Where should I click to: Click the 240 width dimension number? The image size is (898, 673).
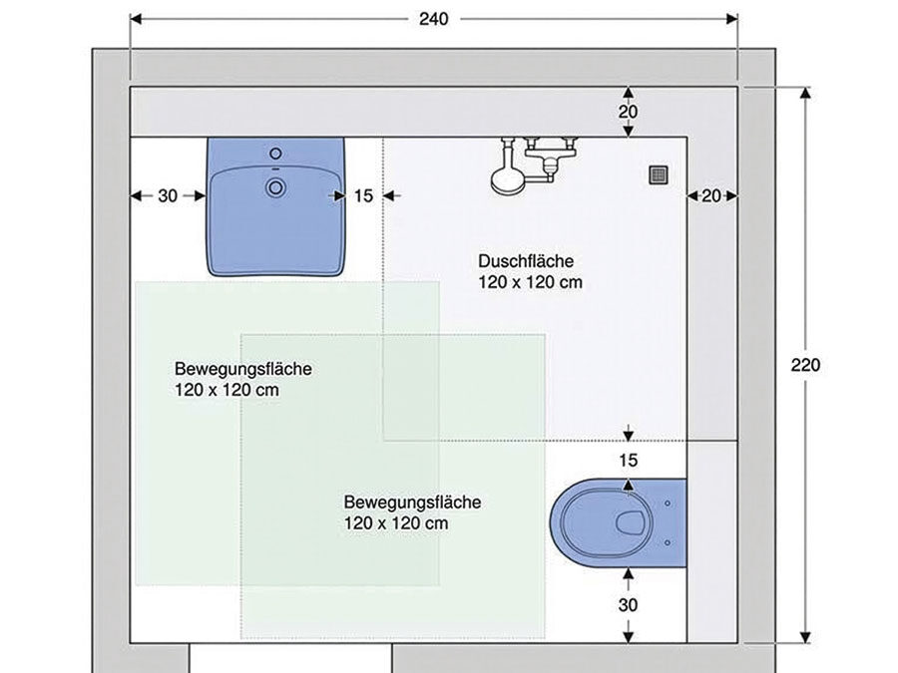[x=434, y=19]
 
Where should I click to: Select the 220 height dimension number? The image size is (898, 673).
[x=805, y=365]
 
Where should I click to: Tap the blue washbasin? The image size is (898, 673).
[x=276, y=206]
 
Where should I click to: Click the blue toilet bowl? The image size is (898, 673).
[x=618, y=522]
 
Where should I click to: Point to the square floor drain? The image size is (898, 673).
[x=659, y=174]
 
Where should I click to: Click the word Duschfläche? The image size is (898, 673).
[x=526, y=261]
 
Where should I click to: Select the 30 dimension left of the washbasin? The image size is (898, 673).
[x=168, y=195]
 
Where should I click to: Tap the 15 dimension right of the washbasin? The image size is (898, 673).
[x=363, y=195]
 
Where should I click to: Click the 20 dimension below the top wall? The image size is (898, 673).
[x=628, y=112]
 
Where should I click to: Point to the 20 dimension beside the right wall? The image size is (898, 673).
[x=711, y=195]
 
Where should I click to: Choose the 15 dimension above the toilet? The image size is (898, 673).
[x=629, y=460]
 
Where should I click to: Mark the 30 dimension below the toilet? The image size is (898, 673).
[x=628, y=605]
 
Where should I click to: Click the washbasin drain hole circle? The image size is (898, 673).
[x=276, y=187]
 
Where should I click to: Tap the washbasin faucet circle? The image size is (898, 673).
[x=276, y=154]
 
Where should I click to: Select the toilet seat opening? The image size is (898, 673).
[x=629, y=522]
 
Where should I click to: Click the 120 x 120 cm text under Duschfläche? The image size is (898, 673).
[x=531, y=282]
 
